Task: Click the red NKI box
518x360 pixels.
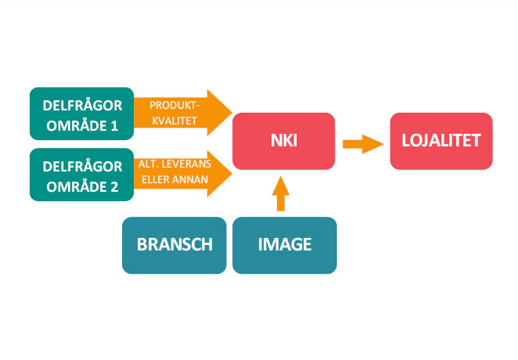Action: [283, 142]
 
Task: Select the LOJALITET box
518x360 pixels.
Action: [441, 142]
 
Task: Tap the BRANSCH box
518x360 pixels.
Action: [174, 244]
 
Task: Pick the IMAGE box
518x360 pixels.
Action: [285, 244]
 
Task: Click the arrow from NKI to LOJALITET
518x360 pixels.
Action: [362, 143]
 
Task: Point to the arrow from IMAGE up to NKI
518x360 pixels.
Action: [281, 194]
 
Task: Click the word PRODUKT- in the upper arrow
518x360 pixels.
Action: [175, 105]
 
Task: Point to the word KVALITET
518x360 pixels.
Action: [175, 121]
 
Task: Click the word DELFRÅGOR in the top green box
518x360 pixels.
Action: [82, 104]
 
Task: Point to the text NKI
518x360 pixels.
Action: [284, 142]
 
